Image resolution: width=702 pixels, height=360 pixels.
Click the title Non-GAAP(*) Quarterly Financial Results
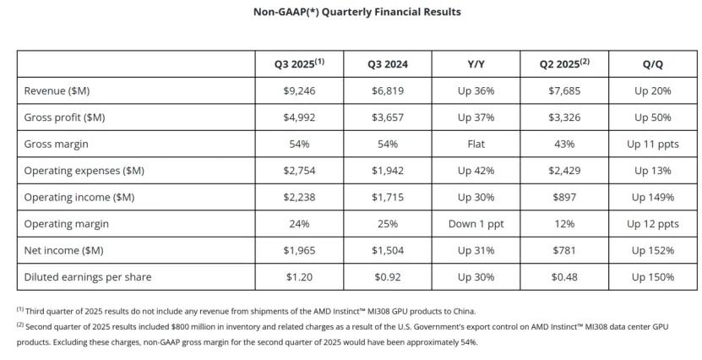(351, 12)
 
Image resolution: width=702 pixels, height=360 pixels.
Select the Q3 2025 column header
(299, 64)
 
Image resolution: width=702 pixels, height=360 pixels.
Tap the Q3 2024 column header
(388, 64)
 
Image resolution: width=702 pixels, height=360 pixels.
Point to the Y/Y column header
(476, 64)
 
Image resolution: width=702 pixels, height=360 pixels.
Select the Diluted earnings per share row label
(88, 277)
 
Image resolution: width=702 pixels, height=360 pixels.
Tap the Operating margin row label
(66, 224)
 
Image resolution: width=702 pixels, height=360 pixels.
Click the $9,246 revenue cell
(300, 90)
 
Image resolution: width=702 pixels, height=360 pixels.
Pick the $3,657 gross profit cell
(388, 117)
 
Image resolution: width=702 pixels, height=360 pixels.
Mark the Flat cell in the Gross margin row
(476, 145)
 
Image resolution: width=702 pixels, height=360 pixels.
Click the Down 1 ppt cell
(476, 224)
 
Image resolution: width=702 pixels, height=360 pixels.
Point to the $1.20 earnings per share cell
(300, 277)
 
